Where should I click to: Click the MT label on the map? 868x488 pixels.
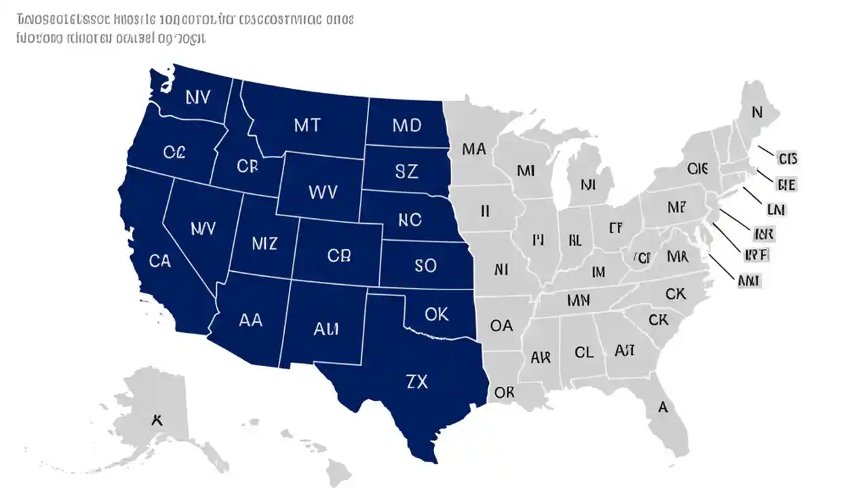(x=307, y=125)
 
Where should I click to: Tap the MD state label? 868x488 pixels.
(x=407, y=125)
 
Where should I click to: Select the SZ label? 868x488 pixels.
(x=406, y=171)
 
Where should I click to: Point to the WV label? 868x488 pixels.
(x=322, y=192)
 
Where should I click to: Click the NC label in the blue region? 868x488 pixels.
(x=410, y=220)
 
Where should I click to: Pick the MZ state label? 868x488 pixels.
(x=264, y=243)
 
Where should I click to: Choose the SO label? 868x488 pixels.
(x=425, y=266)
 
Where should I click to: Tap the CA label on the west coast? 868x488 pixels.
(x=159, y=261)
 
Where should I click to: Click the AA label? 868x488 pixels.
(x=250, y=321)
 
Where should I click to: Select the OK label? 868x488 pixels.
(x=437, y=314)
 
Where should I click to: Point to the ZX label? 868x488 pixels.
(x=416, y=382)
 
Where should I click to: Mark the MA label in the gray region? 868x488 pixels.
(x=474, y=148)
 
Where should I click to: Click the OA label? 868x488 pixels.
(x=501, y=326)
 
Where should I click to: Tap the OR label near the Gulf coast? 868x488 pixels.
(x=504, y=392)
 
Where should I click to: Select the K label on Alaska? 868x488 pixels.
(x=157, y=419)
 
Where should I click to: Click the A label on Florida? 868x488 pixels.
(x=663, y=407)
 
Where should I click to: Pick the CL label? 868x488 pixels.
(x=584, y=353)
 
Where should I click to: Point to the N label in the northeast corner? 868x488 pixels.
(x=757, y=112)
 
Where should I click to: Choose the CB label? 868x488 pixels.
(x=338, y=256)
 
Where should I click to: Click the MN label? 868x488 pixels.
(x=578, y=300)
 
